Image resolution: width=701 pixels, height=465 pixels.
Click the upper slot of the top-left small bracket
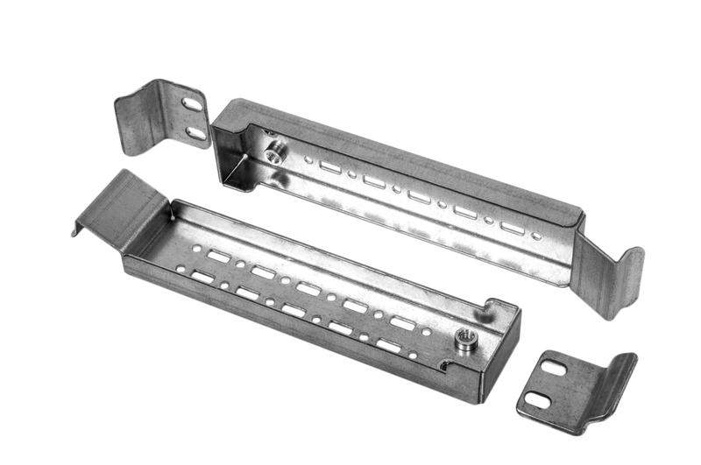tap(193, 104)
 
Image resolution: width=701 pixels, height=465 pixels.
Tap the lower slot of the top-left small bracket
tap(195, 132)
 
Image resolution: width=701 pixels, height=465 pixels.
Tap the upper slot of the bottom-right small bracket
tap(554, 369)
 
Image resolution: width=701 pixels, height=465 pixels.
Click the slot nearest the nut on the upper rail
tap(329, 166)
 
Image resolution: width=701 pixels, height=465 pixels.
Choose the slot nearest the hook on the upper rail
tap(512, 228)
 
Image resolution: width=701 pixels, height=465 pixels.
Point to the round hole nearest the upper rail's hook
tap(536, 236)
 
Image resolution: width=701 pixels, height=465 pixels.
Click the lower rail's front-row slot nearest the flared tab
tap(202, 277)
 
